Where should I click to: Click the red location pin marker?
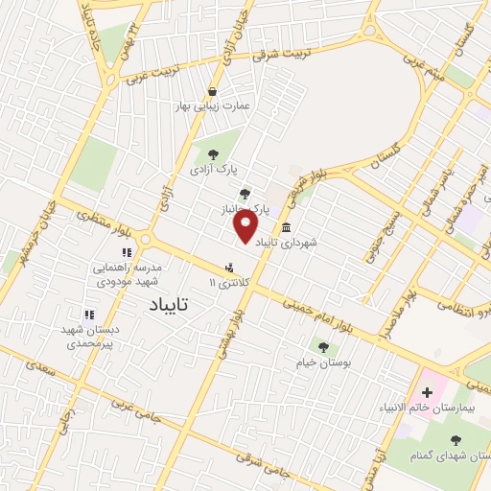click(x=245, y=226)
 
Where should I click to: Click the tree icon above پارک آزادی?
click(x=213, y=153)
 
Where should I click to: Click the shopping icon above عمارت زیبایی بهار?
click(x=211, y=91)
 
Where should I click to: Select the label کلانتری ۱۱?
click(x=229, y=284)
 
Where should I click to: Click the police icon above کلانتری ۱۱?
click(x=228, y=269)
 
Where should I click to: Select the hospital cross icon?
click(x=427, y=392)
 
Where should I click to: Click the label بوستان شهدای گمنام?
click(x=448, y=454)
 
